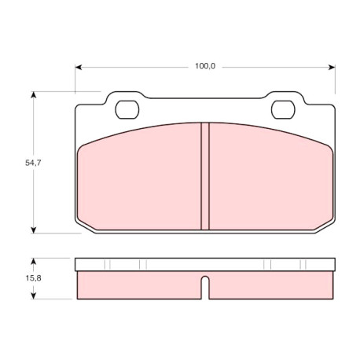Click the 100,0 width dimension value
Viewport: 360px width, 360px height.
(205, 66)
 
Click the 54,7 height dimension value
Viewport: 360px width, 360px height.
(33, 163)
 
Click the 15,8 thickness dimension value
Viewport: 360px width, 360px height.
(33, 278)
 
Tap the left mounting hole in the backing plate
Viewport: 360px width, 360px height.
(127, 109)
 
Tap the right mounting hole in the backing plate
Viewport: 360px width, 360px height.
(283, 109)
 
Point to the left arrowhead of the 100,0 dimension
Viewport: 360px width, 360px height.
(79, 68)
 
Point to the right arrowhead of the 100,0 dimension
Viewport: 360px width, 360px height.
(332, 68)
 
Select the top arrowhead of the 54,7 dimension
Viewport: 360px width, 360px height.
(33, 94)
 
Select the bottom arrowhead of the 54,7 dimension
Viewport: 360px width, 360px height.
(33, 230)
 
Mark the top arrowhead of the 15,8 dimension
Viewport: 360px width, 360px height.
(33, 262)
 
